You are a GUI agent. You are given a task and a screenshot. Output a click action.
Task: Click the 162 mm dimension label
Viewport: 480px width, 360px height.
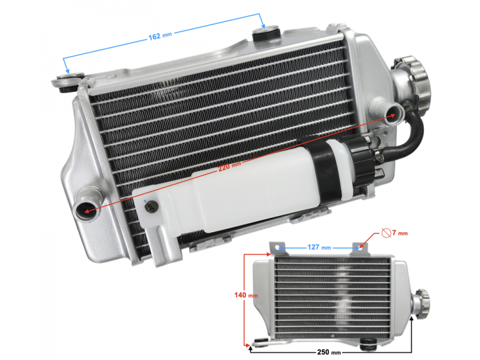tap(159, 37)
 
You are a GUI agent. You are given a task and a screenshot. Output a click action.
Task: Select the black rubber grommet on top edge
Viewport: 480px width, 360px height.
tap(266, 34)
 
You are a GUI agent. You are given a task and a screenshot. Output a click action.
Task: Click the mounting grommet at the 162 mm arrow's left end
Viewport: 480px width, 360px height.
tap(67, 82)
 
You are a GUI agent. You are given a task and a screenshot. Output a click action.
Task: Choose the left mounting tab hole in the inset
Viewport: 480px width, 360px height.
tap(278, 247)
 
